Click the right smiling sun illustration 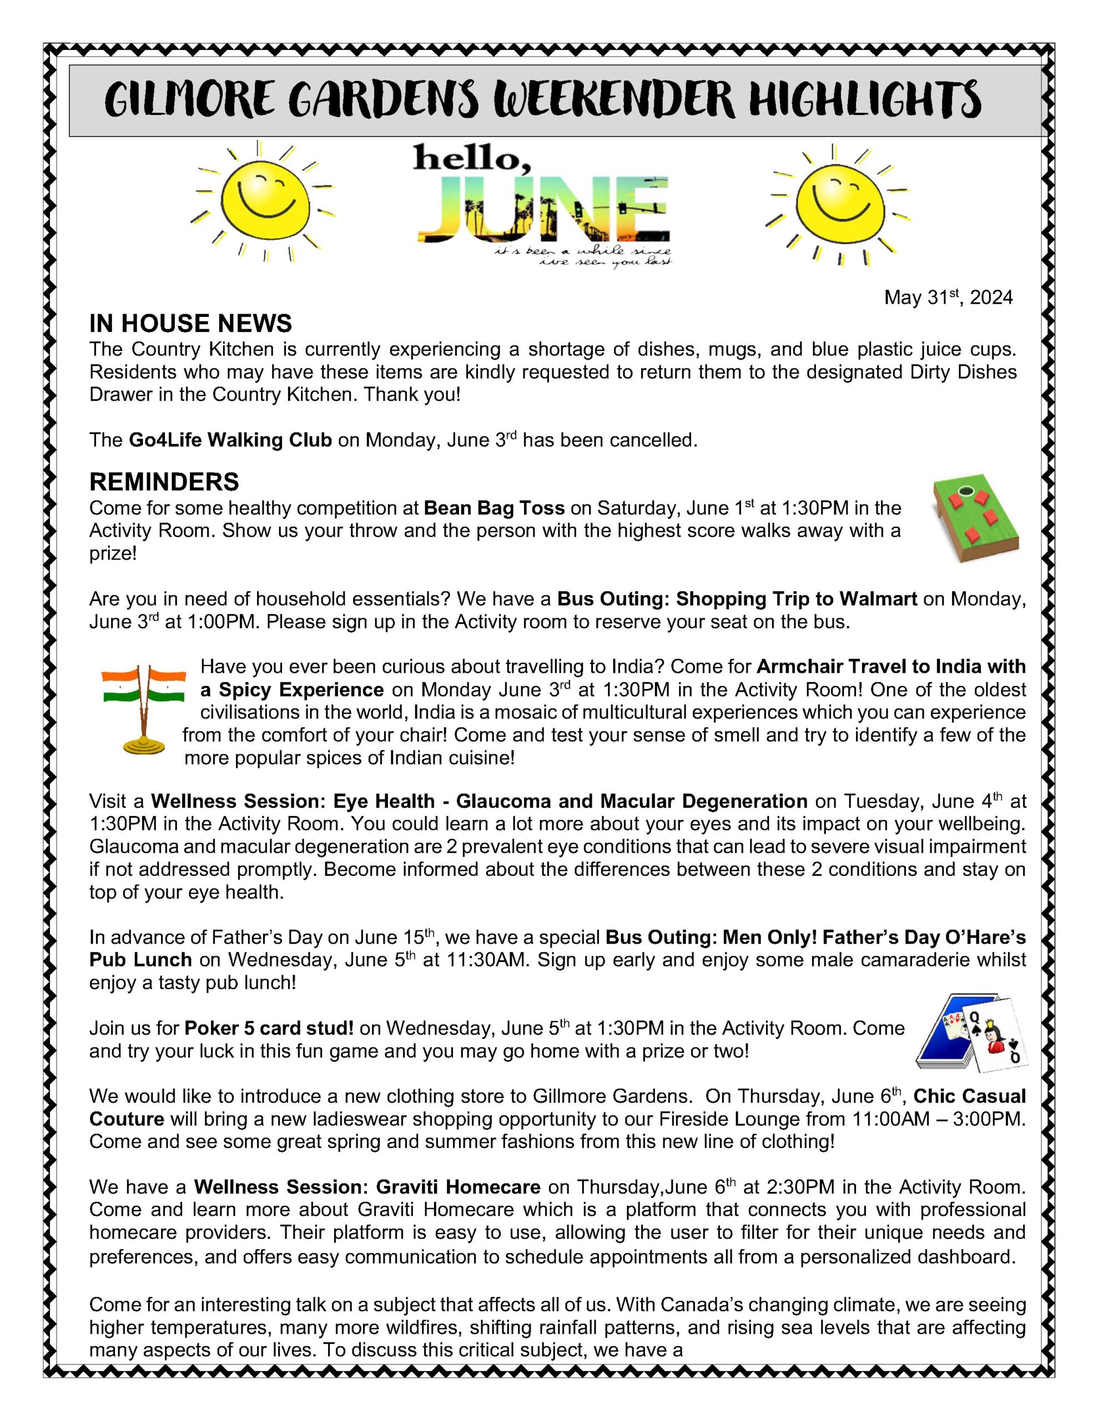click(840, 203)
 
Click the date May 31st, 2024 click(948, 298)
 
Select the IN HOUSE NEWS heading click(190, 324)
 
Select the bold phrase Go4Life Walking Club click(230, 441)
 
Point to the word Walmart click(878, 598)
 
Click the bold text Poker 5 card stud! click(269, 1028)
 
